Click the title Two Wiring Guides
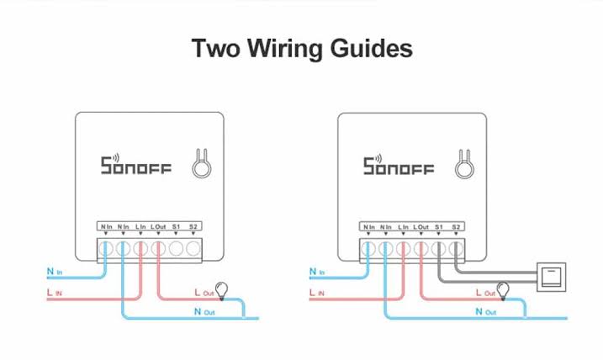(x=302, y=47)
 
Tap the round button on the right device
(x=463, y=167)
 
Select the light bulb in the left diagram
(x=223, y=290)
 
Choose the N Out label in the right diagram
(x=484, y=312)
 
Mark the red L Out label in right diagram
(x=484, y=292)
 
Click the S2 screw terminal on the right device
(x=455, y=249)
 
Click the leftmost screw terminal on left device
(x=106, y=249)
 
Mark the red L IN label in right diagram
(x=318, y=293)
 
